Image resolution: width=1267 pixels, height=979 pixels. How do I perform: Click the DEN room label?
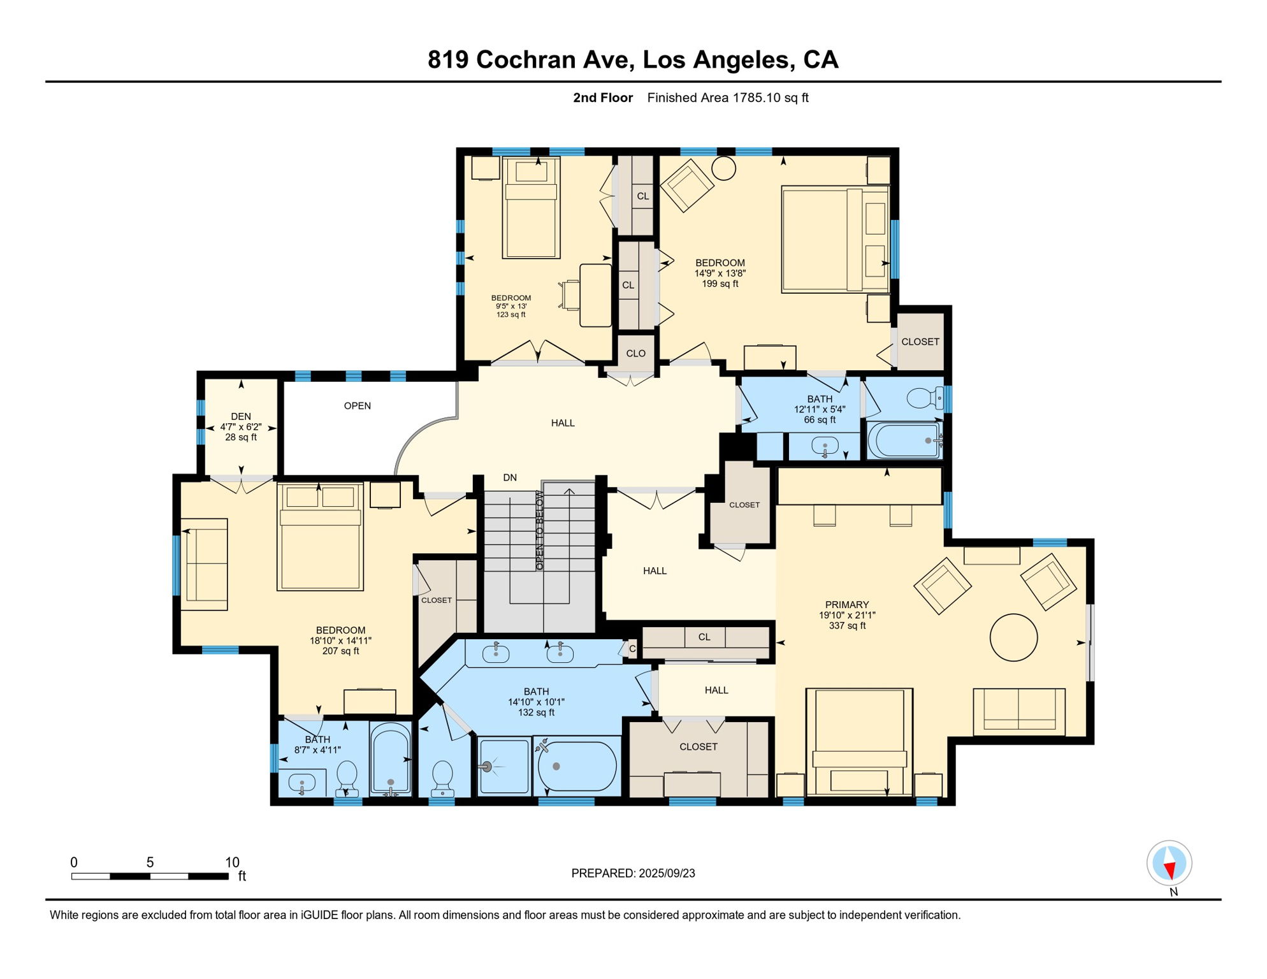click(241, 416)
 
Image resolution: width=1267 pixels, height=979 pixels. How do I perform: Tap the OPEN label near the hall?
click(358, 406)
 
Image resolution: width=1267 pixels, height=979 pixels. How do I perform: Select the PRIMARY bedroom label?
click(847, 605)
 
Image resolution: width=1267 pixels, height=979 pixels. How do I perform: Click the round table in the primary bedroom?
click(1013, 637)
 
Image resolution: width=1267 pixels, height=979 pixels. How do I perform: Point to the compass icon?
click(1169, 863)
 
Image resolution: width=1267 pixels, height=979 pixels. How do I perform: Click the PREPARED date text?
click(633, 873)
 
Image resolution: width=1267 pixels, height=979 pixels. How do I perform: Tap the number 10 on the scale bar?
click(232, 862)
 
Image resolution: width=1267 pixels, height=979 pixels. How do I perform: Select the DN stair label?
click(510, 477)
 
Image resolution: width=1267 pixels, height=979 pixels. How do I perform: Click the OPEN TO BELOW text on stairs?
click(540, 530)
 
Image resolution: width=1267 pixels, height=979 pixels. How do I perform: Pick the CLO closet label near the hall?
click(635, 354)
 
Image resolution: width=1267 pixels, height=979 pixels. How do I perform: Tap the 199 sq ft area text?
click(720, 284)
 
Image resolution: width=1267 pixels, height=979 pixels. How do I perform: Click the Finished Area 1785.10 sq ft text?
click(728, 98)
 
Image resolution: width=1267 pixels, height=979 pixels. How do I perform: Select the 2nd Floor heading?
click(603, 98)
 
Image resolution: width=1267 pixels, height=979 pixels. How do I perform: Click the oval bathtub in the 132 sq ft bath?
click(577, 767)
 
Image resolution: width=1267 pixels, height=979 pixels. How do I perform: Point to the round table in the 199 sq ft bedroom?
click(723, 168)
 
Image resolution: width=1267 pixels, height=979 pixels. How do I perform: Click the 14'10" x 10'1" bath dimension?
click(536, 702)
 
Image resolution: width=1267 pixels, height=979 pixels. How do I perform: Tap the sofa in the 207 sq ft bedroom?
click(204, 565)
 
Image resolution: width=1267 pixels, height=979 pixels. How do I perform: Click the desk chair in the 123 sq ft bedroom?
click(568, 295)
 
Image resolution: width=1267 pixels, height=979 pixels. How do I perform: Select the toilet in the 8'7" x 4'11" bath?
click(347, 778)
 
